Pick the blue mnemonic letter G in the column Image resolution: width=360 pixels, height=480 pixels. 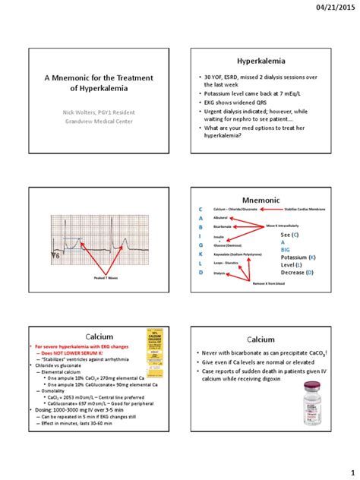point(201,246)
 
